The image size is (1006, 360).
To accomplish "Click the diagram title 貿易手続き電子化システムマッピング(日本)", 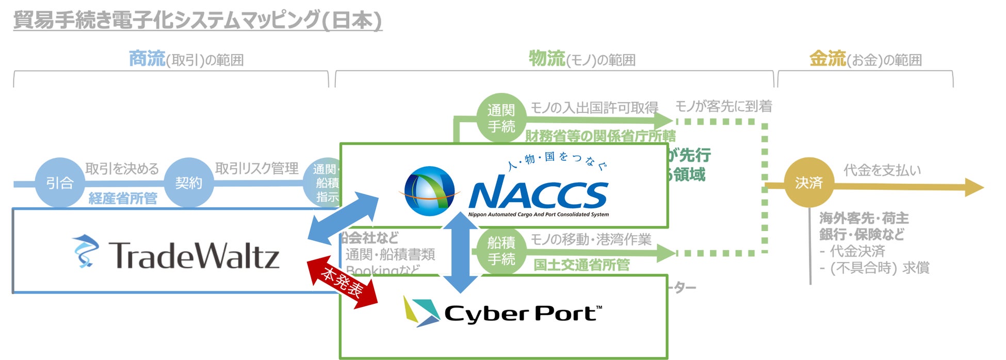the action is click(x=197, y=21).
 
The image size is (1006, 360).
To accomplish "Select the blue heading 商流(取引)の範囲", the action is click(x=186, y=59).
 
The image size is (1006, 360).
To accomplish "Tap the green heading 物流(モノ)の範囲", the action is click(x=581, y=59).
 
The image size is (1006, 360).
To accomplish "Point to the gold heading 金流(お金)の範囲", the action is click(x=865, y=59).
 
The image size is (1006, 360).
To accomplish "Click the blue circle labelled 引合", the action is click(x=60, y=183).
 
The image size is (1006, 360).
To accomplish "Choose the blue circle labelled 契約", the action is click(x=189, y=183).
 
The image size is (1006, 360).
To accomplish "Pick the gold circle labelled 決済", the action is click(x=808, y=183).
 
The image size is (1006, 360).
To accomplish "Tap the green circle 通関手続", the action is click(x=501, y=118).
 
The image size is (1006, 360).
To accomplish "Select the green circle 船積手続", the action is click(x=501, y=251).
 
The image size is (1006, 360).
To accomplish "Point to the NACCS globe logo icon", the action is click(x=429, y=191).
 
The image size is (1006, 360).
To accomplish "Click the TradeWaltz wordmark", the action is click(x=194, y=255).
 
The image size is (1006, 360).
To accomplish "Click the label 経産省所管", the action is click(x=123, y=199).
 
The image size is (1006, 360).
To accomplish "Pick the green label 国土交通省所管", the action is click(x=581, y=265).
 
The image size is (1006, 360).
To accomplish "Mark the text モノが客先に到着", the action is click(x=723, y=106).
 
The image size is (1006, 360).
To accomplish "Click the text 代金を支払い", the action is click(x=882, y=170).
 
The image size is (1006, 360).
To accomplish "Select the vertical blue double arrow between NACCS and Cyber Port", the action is click(x=461, y=252).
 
